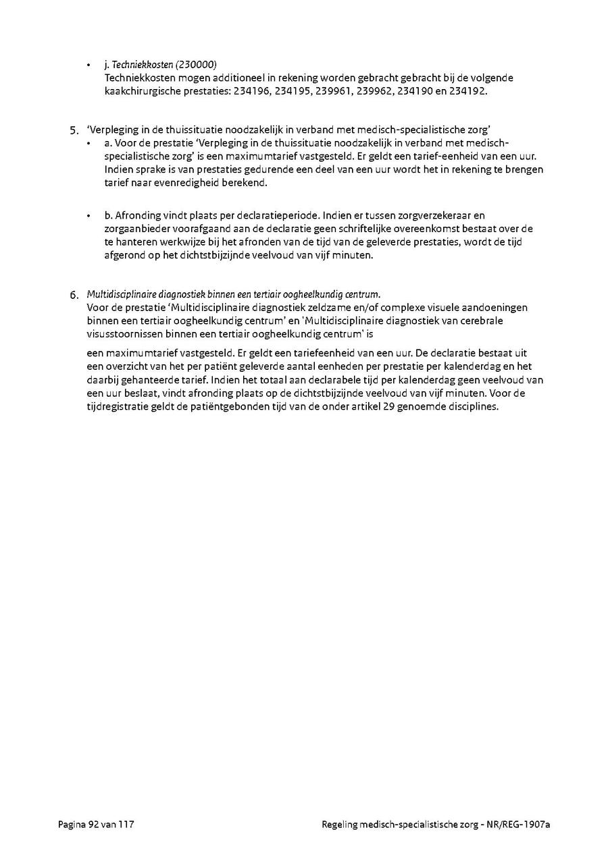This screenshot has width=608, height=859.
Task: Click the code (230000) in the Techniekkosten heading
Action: [196, 65]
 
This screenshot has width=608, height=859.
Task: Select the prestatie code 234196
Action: [253, 90]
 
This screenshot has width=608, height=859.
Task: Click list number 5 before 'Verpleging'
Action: [74, 130]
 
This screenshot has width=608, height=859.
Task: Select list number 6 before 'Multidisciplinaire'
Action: [74, 295]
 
